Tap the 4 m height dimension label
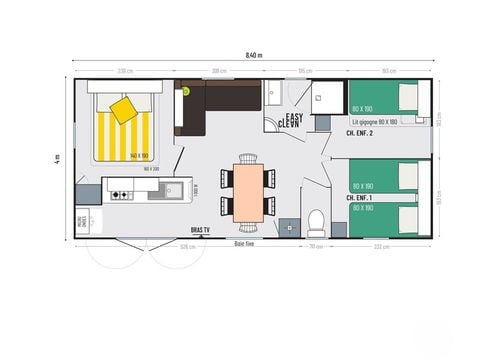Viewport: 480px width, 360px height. (58, 157)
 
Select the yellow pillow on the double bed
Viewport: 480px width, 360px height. (125, 109)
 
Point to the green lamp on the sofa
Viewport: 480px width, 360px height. (185, 91)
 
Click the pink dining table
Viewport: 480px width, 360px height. (248, 190)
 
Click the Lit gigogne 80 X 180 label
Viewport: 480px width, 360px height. (376, 121)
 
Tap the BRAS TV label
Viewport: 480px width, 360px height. (201, 230)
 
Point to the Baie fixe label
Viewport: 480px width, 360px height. (245, 243)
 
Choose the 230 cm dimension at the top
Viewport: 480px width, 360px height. (125, 70)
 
